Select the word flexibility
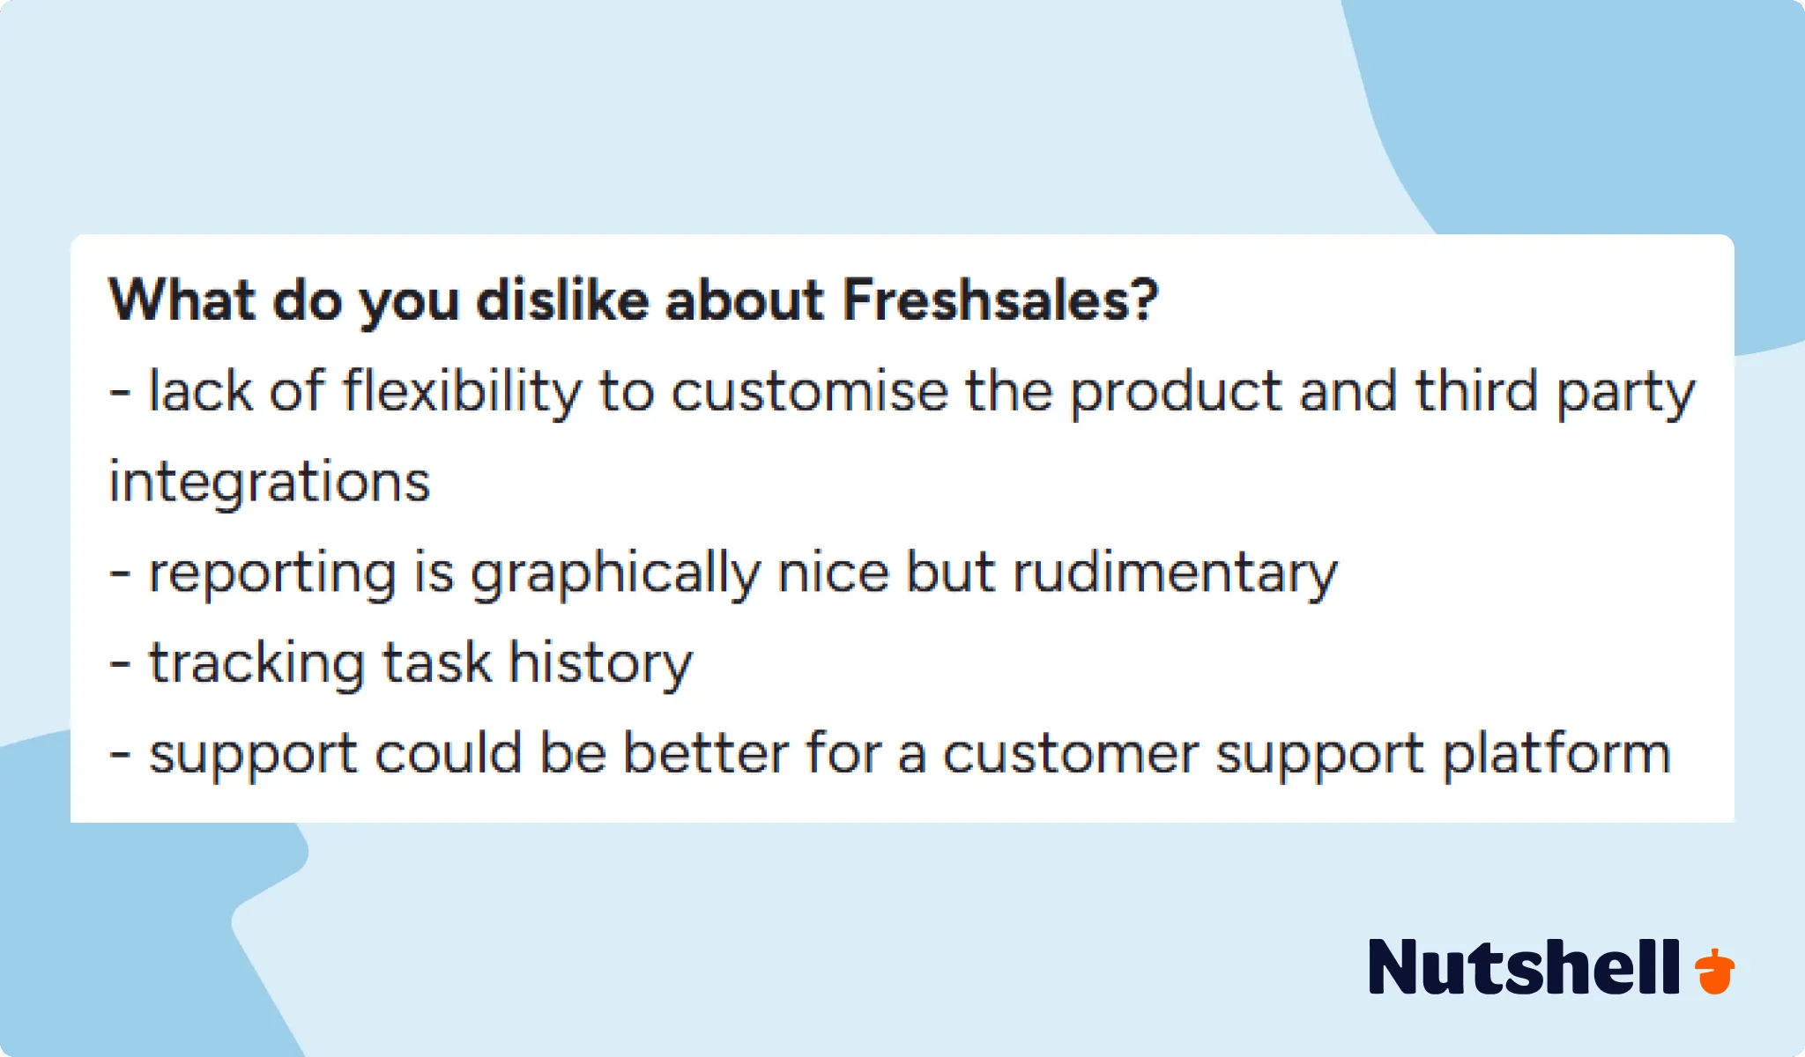point(462,391)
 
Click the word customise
point(809,391)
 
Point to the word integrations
point(269,483)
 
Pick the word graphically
point(614,574)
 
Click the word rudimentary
point(1174,574)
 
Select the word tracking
point(256,664)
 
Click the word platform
point(1556,755)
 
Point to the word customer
point(1070,755)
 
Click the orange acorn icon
point(1714,971)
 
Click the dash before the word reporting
point(120,574)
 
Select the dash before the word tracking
point(120,664)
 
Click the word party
point(1624,393)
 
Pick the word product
point(1175,391)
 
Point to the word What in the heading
point(182,300)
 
